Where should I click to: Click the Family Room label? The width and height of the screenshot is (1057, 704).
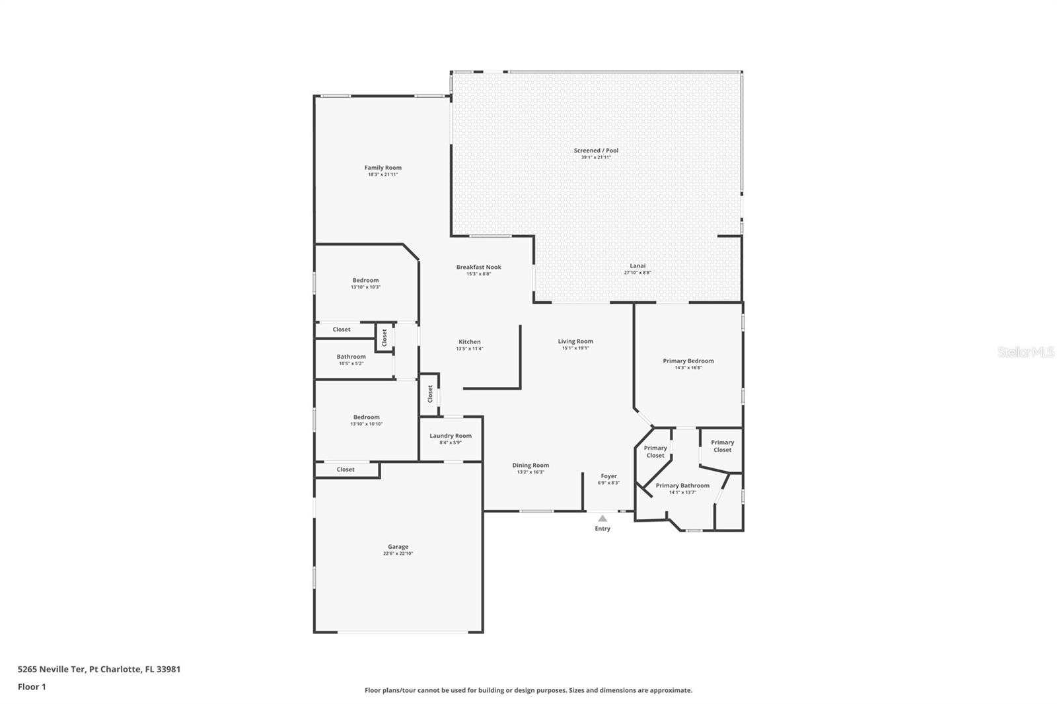[x=383, y=168]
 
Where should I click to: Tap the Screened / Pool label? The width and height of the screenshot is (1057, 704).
[x=596, y=151]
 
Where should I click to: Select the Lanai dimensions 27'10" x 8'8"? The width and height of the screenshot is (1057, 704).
[x=638, y=273]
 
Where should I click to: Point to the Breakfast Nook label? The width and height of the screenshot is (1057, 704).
[x=478, y=267]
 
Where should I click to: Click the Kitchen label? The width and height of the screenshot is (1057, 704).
[x=470, y=341]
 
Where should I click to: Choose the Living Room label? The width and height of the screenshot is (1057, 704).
[x=575, y=341]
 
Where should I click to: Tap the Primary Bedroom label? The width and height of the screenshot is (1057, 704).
[x=688, y=361]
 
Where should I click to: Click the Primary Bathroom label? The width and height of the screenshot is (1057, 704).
[x=682, y=485]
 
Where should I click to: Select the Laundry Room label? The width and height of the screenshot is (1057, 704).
[x=451, y=435]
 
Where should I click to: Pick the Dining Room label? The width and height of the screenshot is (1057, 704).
[x=530, y=465]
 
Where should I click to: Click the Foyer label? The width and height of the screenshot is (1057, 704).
[x=608, y=475]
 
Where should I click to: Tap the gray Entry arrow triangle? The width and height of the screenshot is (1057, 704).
[x=602, y=518]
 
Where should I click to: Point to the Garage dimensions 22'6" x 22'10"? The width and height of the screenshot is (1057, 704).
[x=398, y=553]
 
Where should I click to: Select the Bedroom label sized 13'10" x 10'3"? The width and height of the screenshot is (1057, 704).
[x=365, y=280]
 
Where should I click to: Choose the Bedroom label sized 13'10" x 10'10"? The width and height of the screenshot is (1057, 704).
[x=366, y=417]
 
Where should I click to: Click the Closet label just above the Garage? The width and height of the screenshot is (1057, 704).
[x=346, y=470]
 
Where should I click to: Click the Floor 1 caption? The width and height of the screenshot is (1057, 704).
[x=32, y=687]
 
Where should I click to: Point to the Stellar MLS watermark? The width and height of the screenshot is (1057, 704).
[x=1025, y=352]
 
